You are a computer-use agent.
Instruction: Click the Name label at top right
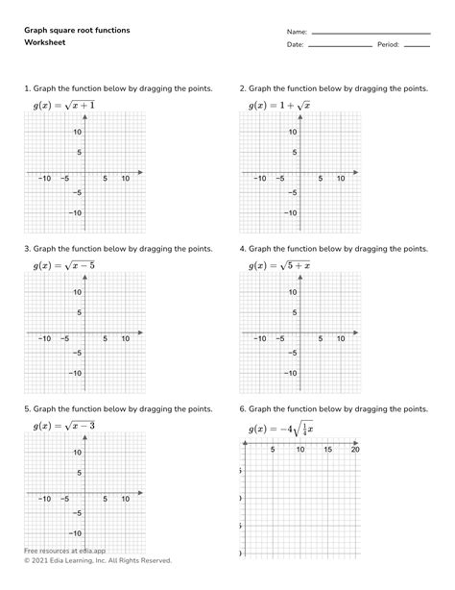pyautogui.click(x=298, y=31)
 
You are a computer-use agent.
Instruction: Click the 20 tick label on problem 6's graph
pyautogui.click(x=355, y=450)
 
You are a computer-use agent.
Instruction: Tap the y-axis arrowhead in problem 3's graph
pyautogui.click(x=85, y=276)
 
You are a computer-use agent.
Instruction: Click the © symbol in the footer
pyautogui.click(x=26, y=560)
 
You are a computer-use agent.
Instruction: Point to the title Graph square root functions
pyautogui.click(x=78, y=31)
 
